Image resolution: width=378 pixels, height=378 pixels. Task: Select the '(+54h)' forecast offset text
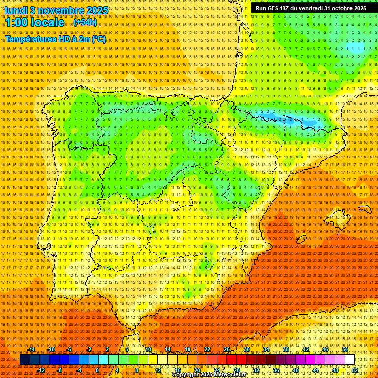85,22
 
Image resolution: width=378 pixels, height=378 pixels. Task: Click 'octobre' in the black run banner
336,8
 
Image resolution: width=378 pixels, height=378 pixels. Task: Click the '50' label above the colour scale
345,349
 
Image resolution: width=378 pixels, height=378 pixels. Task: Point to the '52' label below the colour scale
355,370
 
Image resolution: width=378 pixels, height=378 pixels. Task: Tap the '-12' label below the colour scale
41,370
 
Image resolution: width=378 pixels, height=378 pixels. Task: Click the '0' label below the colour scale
97,370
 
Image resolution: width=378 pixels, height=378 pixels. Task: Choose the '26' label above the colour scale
227,349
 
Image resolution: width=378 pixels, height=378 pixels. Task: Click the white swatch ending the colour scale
350,360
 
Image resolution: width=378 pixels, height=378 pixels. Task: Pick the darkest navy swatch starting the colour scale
24,360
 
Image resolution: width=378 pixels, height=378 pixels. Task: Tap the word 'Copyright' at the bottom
185,375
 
